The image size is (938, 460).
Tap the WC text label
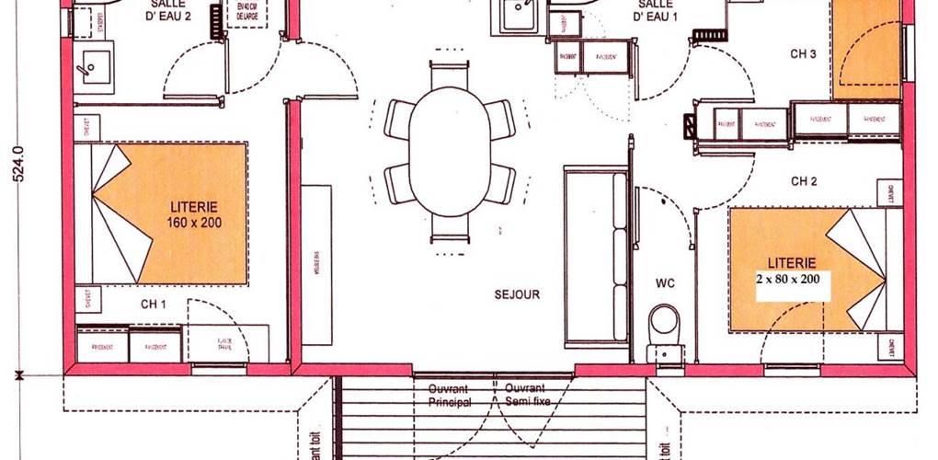[666, 283]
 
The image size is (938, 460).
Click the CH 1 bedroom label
[154, 304]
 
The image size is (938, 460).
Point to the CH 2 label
[803, 182]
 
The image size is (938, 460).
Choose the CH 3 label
[803, 54]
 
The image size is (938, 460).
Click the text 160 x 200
[194, 223]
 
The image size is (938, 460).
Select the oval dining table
[449, 151]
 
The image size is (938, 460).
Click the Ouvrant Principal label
[450, 395]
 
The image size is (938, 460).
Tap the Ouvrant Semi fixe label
[525, 395]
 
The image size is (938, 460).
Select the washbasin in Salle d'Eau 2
[94, 67]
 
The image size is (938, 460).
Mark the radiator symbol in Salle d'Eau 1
[709, 36]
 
